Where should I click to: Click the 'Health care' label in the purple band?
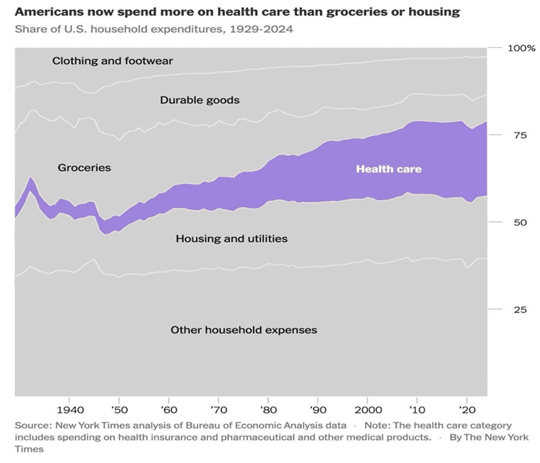[x=388, y=169]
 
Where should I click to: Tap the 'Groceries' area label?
[x=84, y=167]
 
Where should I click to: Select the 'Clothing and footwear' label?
[x=113, y=61]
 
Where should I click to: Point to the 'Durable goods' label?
[x=199, y=100]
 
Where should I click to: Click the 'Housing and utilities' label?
[x=232, y=239]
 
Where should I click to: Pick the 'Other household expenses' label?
[x=244, y=330]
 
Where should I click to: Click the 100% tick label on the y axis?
[x=521, y=48]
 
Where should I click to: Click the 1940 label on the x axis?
[x=69, y=410]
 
